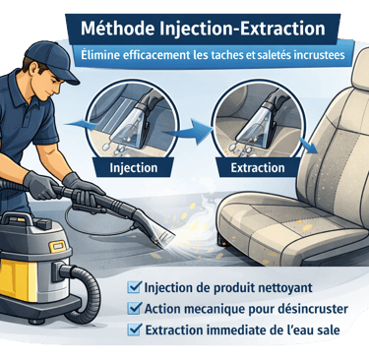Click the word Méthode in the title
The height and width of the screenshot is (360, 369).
pyautogui.click(x=117, y=29)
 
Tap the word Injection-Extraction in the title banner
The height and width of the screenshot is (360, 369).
pyautogui.click(x=243, y=30)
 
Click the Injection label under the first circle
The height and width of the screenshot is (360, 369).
pyautogui.click(x=134, y=167)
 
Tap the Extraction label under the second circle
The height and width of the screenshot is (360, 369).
pyautogui.click(x=258, y=167)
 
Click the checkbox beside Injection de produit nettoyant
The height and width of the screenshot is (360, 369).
pyautogui.click(x=135, y=287)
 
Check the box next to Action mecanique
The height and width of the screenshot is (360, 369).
pyautogui.click(x=135, y=308)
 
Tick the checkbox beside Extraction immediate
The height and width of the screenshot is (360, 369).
pyautogui.click(x=135, y=329)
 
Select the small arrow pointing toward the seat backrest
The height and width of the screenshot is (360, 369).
pyautogui.click(x=310, y=147)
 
